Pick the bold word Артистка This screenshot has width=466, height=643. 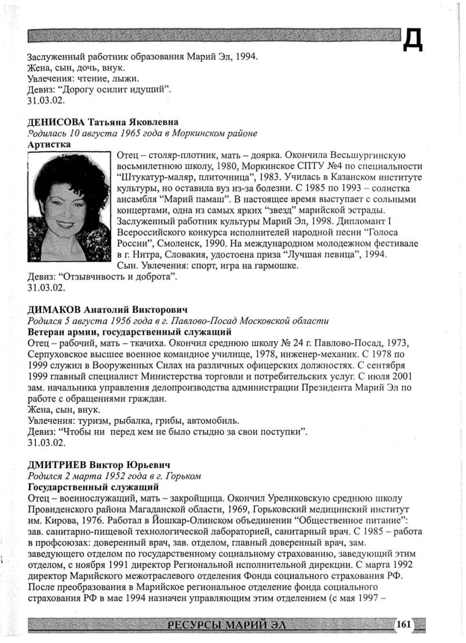[49, 144]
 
